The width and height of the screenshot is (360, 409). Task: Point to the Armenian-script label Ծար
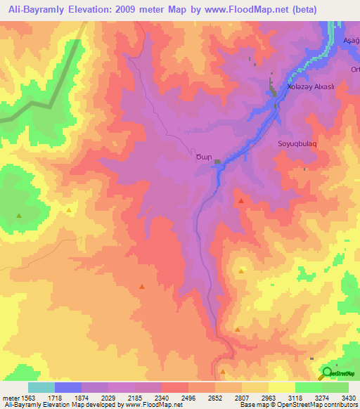(202, 158)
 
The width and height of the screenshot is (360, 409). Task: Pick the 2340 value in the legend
(147, 397)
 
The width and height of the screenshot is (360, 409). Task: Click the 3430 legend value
(348, 397)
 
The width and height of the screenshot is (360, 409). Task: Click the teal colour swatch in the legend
(41, 387)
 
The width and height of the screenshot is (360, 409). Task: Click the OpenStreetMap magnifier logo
(328, 373)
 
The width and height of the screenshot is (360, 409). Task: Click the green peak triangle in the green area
(18, 215)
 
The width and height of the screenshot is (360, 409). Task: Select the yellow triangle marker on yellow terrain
(69, 209)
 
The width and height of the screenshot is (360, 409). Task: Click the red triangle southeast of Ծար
(241, 201)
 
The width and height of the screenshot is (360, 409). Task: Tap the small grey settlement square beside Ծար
(217, 162)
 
